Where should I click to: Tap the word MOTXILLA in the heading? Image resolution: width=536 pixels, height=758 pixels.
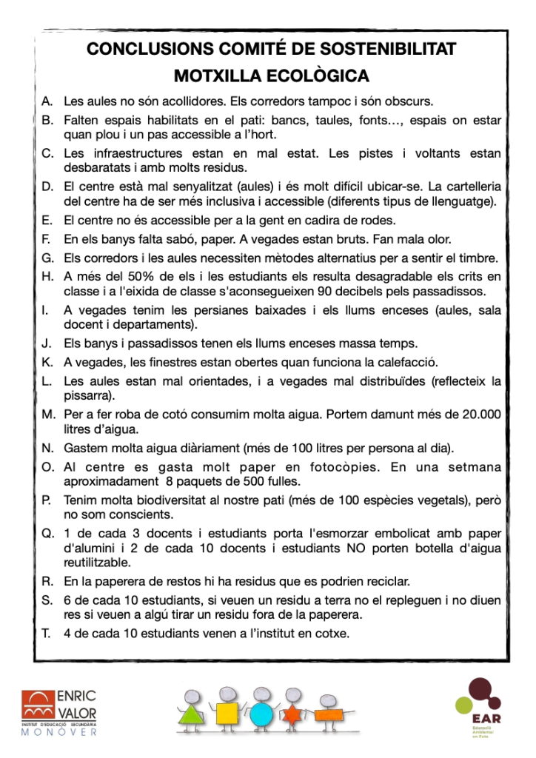click(x=213, y=76)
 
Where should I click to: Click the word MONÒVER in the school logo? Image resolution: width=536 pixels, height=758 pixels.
click(x=59, y=732)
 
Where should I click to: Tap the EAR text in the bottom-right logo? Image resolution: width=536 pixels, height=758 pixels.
click(x=486, y=717)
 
